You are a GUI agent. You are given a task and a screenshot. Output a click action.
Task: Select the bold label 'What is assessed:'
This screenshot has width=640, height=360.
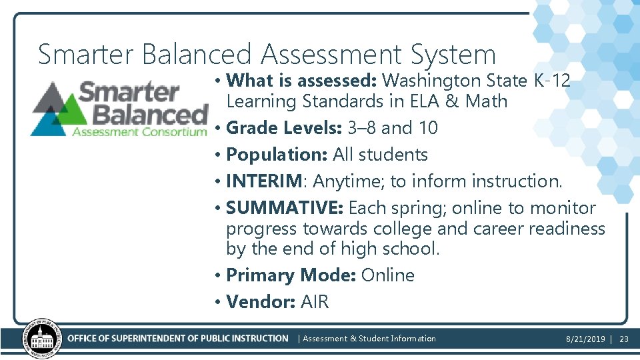pos(302,81)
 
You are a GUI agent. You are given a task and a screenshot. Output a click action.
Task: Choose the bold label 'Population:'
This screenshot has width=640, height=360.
pos(277,155)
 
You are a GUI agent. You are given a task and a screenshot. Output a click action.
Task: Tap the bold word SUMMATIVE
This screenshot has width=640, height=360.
pos(283,208)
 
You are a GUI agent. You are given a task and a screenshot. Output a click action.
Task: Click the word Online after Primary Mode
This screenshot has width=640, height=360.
pos(387,275)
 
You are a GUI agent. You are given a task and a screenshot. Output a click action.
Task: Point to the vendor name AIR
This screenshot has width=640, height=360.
pos(315,302)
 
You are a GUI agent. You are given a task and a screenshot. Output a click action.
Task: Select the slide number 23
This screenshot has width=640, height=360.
pos(624,339)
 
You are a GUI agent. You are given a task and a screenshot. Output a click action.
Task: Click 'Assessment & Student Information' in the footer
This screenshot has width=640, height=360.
pos(369,339)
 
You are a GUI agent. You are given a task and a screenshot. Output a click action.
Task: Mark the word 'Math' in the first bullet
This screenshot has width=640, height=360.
pos(487,102)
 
